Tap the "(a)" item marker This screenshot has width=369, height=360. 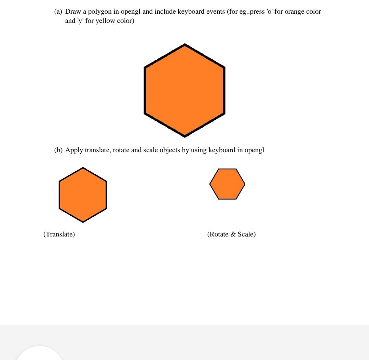tap(58, 12)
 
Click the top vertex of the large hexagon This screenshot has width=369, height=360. tap(185, 45)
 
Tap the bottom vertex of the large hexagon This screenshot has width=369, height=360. tap(185, 136)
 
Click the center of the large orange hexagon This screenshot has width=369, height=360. tap(185, 90)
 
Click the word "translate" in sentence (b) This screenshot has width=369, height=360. tap(97, 150)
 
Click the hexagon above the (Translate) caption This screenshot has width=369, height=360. tap(83, 195)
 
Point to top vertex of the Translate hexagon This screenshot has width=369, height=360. tap(83, 168)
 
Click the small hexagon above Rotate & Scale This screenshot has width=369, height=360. tap(227, 184)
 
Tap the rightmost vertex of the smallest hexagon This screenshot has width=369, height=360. tap(245, 184)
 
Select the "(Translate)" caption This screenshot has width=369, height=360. tap(59, 234)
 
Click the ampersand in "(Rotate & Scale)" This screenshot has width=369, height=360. tap(233, 234)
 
